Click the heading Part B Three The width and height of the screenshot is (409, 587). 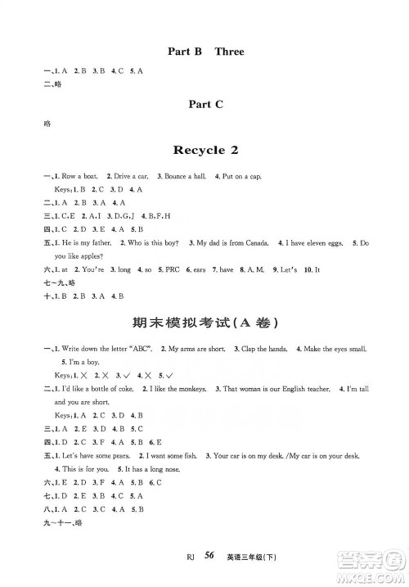tap(204, 52)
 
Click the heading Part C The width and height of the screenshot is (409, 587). tap(204, 103)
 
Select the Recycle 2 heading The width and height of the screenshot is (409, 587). tap(204, 151)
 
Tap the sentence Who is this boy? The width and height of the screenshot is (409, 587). tap(150, 243)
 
